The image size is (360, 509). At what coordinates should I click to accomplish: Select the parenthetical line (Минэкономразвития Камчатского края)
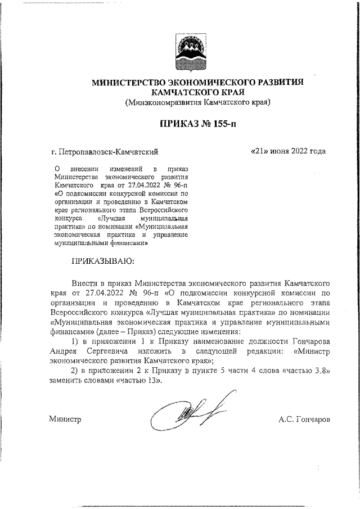coord(198,102)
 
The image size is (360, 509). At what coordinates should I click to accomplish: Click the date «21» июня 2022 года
coord(288,151)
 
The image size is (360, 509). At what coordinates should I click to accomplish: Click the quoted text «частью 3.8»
coord(306,372)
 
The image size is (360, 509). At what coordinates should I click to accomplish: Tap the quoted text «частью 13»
coord(139,381)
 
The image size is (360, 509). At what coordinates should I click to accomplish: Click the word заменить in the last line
coord(66,381)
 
